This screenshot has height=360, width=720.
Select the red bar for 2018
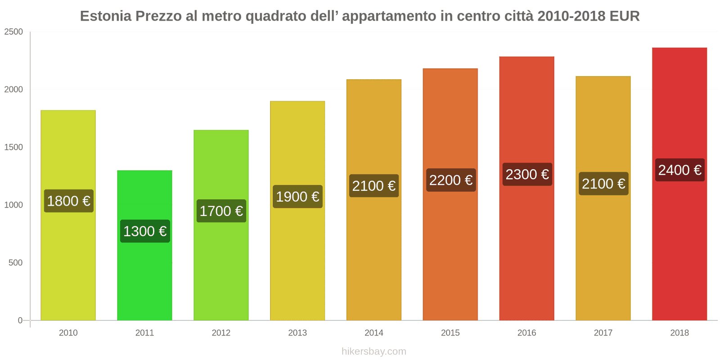679,247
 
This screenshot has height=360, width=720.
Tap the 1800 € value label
69,201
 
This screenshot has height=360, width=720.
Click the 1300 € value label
145,231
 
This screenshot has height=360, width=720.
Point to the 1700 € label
221,211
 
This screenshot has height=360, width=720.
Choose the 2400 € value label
679,170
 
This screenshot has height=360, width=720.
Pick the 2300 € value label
527,175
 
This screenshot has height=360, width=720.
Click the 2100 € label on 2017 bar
603,184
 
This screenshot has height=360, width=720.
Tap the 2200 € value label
450,180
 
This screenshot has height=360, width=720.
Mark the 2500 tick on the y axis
13,32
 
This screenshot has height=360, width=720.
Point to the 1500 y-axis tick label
13,147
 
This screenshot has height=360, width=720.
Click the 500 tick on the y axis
15,263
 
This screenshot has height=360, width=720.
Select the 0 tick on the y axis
20,320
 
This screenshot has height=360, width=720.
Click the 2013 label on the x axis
297,333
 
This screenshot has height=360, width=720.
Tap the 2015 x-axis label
450,333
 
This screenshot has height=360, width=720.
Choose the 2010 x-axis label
68,333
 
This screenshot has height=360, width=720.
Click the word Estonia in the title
106,16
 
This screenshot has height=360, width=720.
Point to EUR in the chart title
624,16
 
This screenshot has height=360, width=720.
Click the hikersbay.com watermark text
373,351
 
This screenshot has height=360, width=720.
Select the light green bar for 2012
221,270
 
